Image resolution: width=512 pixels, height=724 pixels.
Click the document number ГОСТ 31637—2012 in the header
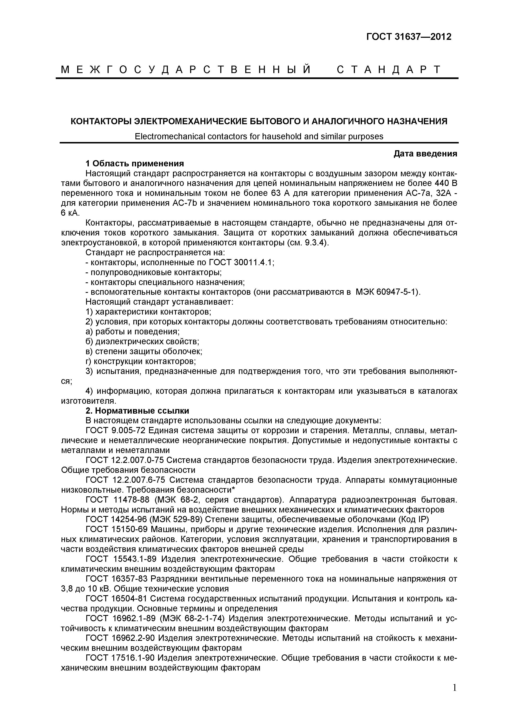[409, 37]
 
